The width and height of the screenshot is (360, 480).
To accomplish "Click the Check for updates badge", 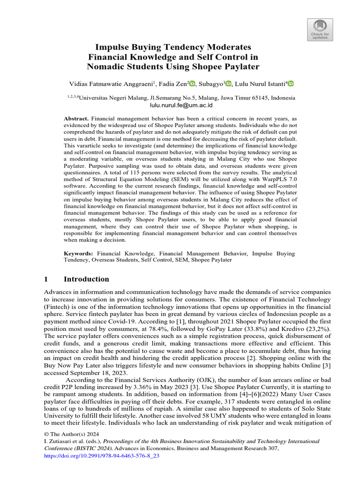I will pos(320,30).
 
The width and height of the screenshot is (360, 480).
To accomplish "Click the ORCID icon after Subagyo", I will pos(228,84).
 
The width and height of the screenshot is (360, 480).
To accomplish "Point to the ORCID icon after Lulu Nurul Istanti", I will pos(291,84).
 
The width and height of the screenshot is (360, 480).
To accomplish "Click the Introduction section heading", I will pos(86,279).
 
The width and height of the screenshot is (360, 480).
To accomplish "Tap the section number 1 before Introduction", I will pos(46,279).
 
